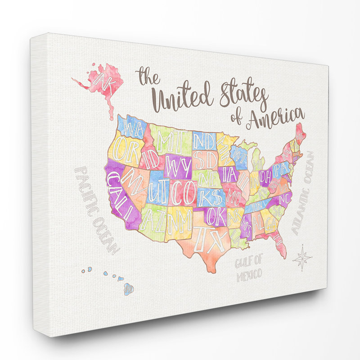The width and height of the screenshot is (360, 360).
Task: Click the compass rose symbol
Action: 302,258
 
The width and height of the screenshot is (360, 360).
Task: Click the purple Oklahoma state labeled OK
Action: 216,216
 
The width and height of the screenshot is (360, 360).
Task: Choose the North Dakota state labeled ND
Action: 205,140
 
